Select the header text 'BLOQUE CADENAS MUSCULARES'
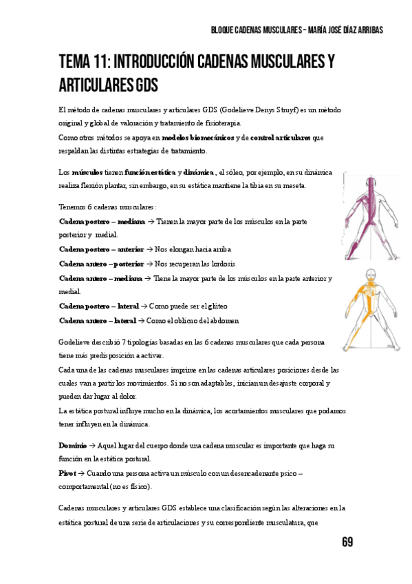point(255,30)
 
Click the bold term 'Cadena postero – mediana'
point(102,222)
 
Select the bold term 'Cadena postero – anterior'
point(100,249)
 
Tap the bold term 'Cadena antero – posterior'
point(101,264)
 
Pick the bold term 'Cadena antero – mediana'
point(100,278)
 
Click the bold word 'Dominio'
point(72,446)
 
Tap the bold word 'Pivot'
point(67,474)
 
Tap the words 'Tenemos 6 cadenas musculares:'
point(108,207)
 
